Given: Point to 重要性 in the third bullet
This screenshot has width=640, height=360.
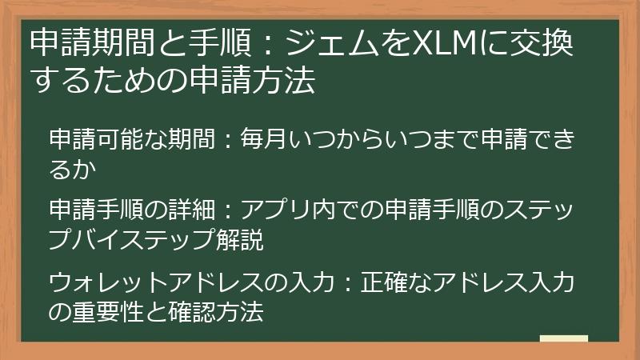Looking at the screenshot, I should (110, 310).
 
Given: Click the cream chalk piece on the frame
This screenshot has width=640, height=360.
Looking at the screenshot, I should (564, 338).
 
